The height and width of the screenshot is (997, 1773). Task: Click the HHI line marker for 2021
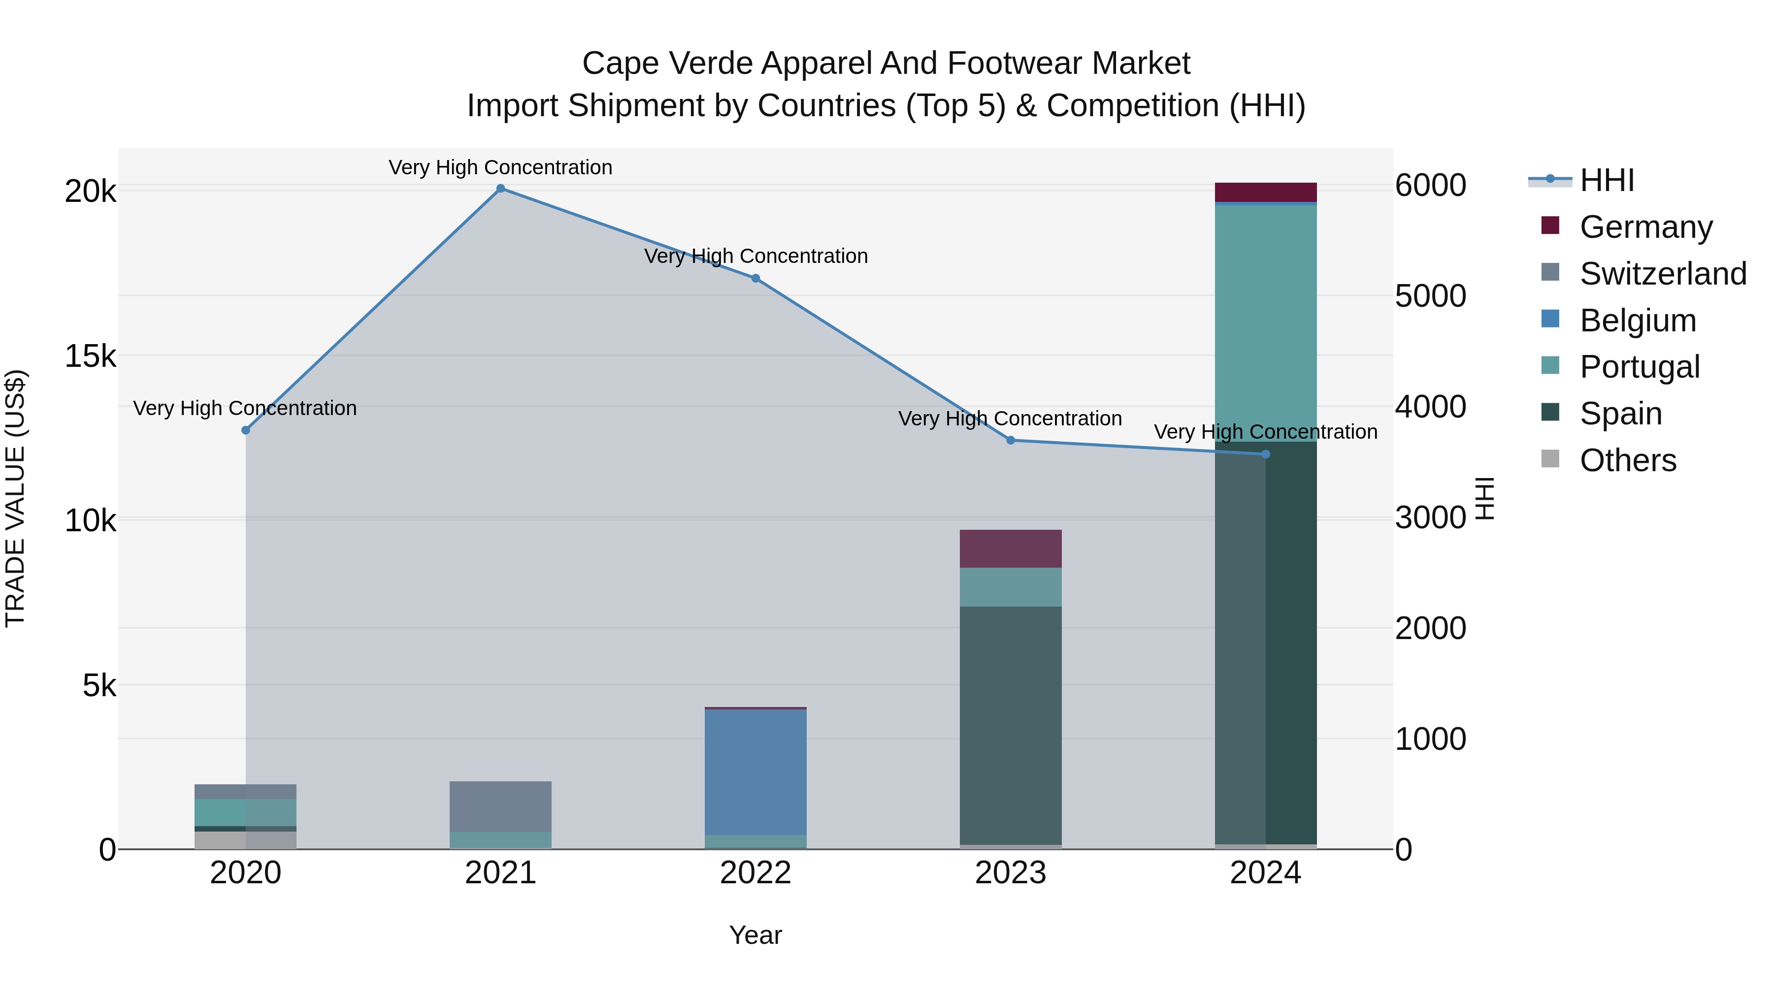coord(500,189)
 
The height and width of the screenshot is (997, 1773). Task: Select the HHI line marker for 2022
coord(755,279)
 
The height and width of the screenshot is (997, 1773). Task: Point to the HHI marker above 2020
coord(246,430)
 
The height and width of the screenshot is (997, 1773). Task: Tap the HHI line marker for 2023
coord(1011,440)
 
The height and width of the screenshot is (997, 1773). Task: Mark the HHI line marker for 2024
coord(1266,454)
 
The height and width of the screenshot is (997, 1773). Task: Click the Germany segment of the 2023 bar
coord(1011,549)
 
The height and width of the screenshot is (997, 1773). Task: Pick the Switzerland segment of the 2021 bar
coord(500,806)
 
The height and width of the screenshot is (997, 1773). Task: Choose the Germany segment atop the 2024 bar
coord(1266,192)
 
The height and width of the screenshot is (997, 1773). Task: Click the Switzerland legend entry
coord(1663,274)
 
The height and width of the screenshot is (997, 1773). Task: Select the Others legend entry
coord(1628,460)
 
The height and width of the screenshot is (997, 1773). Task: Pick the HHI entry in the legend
coord(1607,180)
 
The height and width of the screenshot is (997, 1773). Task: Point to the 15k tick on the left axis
coord(90,356)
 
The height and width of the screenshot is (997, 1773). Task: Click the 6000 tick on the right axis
coord(1430,185)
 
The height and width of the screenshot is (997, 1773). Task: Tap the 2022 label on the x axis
coord(755,873)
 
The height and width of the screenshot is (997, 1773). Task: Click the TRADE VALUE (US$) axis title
coord(15,498)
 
